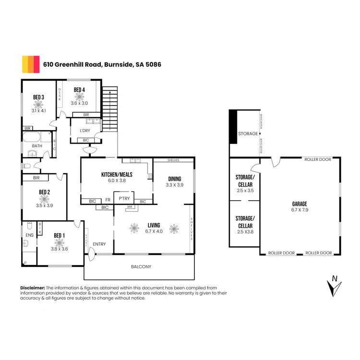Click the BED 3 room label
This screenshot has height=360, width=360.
click(39, 97)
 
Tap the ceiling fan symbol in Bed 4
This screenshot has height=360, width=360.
click(79, 96)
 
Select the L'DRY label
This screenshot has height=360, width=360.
click(84, 131)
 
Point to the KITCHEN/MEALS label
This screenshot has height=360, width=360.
click(117, 174)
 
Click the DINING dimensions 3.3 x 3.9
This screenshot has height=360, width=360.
click(175, 185)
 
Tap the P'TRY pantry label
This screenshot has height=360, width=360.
click(124, 198)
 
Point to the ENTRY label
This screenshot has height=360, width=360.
click(99, 244)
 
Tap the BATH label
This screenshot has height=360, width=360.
click(37, 146)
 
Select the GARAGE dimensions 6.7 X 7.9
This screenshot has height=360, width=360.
click(300, 210)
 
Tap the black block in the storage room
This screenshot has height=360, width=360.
click(233, 127)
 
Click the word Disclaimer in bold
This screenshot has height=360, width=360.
click(33, 287)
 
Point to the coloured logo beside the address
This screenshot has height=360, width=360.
click(31, 63)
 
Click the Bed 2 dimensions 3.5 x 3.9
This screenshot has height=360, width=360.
click(44, 205)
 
